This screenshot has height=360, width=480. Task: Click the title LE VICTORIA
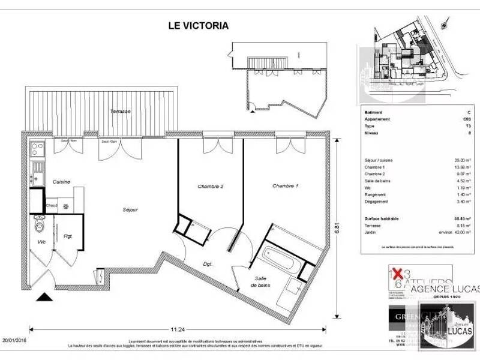point(197,26)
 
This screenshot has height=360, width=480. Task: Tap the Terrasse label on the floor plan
point(121,112)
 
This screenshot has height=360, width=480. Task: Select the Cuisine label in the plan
point(61,181)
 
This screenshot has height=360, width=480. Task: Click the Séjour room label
point(130,209)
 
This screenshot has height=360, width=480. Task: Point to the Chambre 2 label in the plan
point(211,187)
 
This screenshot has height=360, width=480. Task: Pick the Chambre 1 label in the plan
point(285,187)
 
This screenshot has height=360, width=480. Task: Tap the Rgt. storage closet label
point(68,236)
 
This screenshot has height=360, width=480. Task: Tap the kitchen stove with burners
point(37,148)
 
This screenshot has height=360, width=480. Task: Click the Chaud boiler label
point(52,205)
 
